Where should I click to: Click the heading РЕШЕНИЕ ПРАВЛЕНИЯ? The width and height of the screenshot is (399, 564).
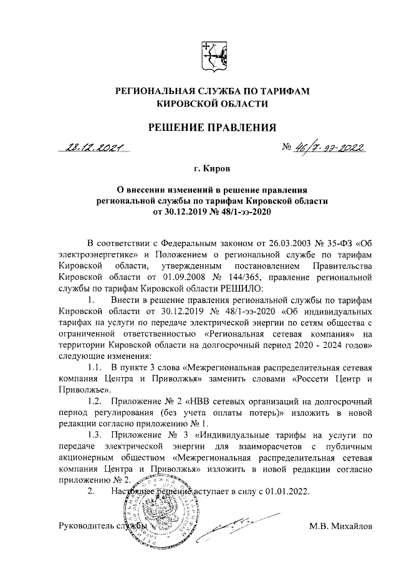(x=211, y=128)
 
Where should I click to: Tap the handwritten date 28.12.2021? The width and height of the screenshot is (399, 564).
(x=92, y=149)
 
